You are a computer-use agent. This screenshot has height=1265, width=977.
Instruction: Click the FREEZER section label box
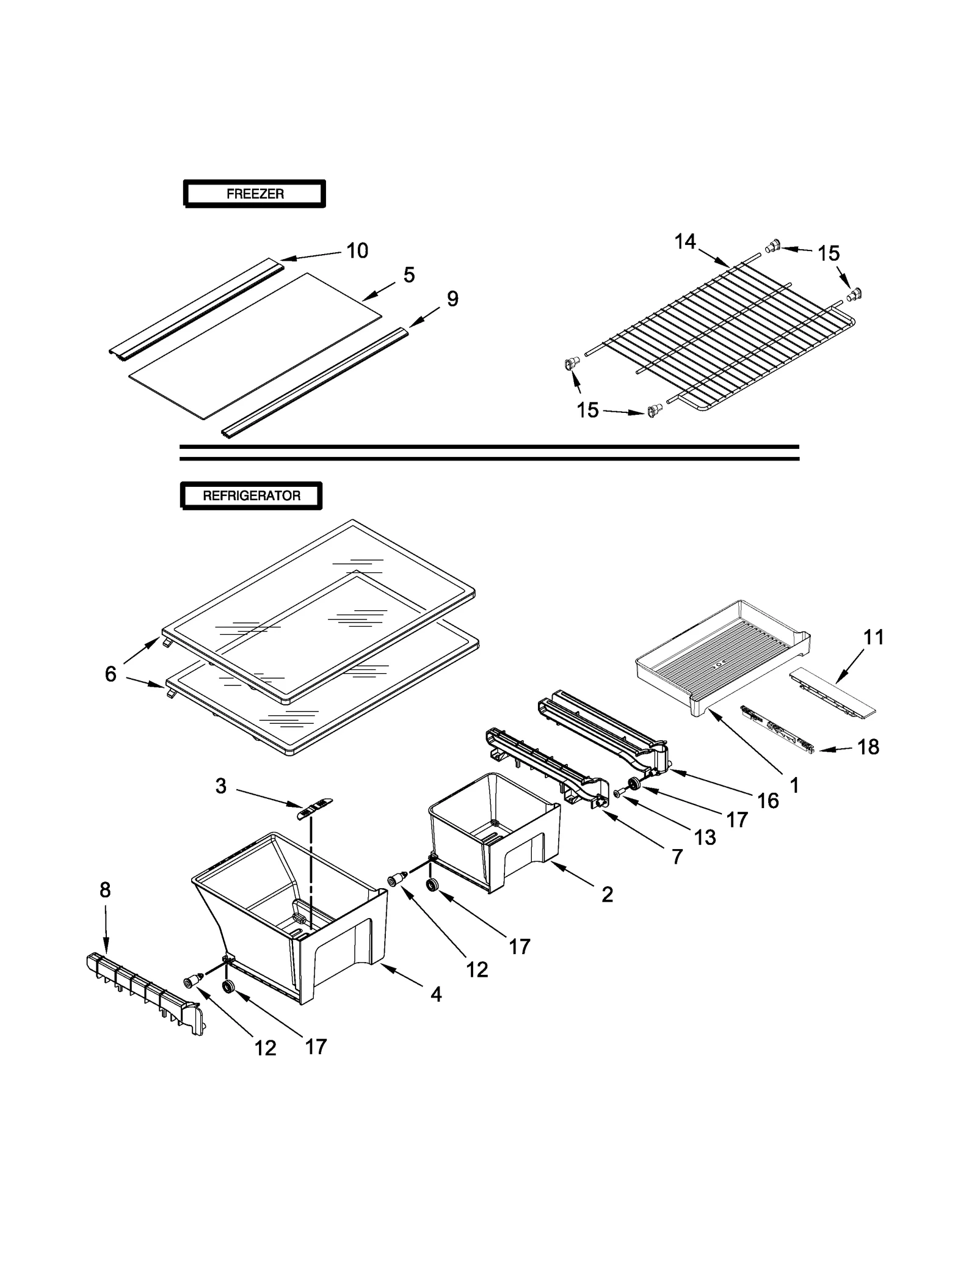coord(255,194)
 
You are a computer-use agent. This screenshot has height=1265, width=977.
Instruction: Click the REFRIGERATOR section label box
coord(251,496)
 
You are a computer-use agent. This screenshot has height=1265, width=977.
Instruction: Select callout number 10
coord(357,251)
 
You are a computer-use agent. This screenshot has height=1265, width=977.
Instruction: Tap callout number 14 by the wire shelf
coord(685,242)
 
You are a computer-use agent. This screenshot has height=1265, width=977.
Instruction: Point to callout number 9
coord(452,299)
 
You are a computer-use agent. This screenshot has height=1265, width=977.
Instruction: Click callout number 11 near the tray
coord(874,637)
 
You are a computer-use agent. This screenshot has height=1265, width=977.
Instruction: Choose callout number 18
coord(868,746)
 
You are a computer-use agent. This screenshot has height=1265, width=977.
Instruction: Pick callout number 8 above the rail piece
coord(105,890)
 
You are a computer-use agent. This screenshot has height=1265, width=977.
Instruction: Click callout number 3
coord(220,786)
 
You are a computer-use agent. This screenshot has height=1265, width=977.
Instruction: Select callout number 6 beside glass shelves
coord(111,674)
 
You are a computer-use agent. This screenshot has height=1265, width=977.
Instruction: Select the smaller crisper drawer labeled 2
coord(495,837)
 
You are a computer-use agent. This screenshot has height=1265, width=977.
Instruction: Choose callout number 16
coord(768,801)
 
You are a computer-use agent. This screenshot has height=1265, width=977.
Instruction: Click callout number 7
coord(677,857)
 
